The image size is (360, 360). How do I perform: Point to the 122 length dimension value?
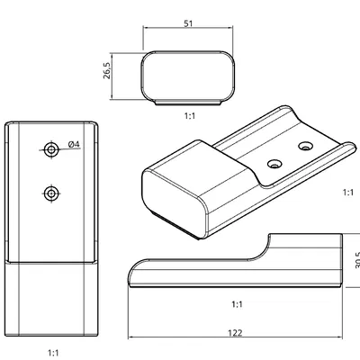click(x=235, y=333)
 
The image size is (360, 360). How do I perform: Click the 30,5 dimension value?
click(x=356, y=260)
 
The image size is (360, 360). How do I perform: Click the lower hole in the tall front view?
click(x=52, y=193)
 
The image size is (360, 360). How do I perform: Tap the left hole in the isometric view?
click(x=274, y=164)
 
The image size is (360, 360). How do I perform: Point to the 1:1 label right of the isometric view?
click(x=348, y=193)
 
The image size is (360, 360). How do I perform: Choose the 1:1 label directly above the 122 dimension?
click(x=236, y=304)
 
